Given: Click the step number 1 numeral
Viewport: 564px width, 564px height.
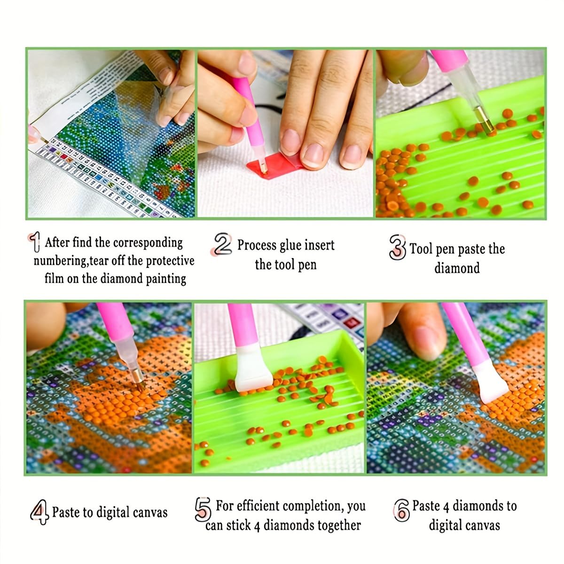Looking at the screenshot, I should tap(34, 243).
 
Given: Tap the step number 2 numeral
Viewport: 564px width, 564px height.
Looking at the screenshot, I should tap(223, 244).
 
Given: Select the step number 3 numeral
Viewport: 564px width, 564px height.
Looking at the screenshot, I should tap(397, 247).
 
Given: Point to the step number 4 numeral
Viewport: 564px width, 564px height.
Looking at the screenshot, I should tap(39, 512).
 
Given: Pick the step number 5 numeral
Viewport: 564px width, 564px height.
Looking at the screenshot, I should tap(203, 509).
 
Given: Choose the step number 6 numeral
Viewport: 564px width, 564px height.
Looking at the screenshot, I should tap(401, 510).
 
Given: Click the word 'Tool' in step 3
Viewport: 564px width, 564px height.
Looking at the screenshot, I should tap(421, 249).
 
